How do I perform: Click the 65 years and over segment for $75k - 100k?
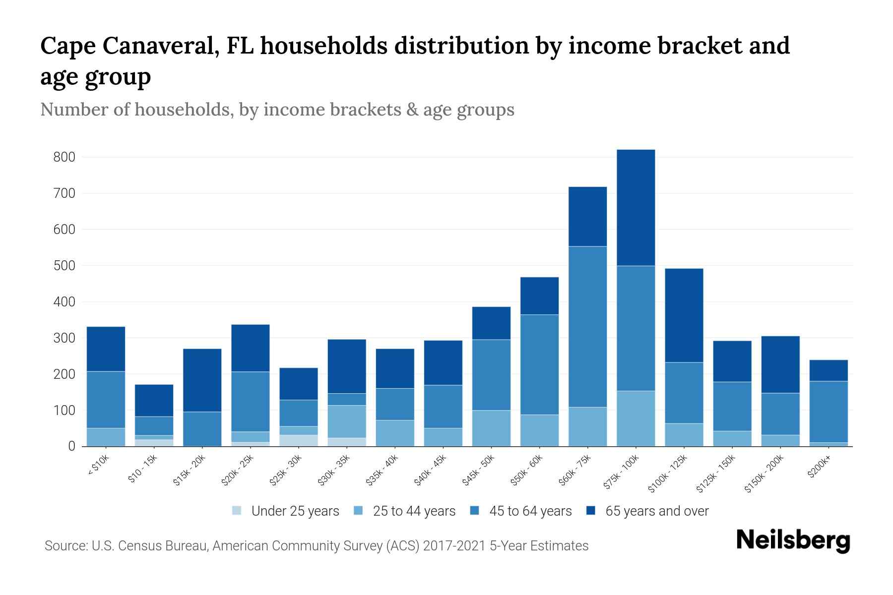tap(636, 208)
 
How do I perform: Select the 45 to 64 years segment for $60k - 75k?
tap(587, 327)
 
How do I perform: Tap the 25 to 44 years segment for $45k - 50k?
tap(491, 428)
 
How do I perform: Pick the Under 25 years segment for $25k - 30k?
tap(299, 441)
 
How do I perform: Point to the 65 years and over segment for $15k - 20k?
tap(202, 380)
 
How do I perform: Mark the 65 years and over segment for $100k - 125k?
tap(684, 315)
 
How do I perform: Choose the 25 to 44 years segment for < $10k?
tap(106, 437)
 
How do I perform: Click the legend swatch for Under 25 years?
tap(237, 511)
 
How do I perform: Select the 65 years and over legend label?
tap(657, 511)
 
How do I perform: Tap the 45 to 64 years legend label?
tap(530, 511)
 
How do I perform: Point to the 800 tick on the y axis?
tap(64, 157)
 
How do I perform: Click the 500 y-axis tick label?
tap(64, 266)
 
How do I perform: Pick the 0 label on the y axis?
tap(72, 447)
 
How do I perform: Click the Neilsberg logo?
tap(793, 540)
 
